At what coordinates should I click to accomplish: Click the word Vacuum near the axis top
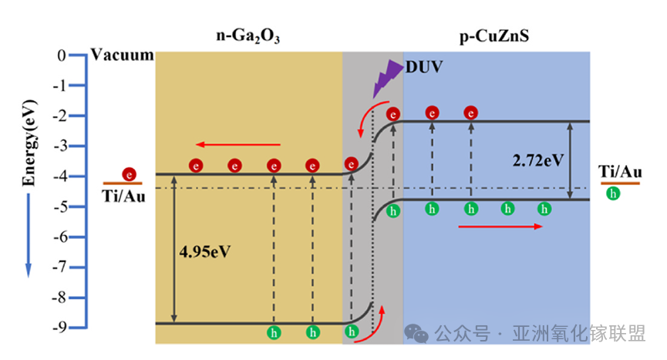122,56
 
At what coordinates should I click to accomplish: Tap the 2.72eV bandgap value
538,161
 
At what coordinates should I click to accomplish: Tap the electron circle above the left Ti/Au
129,174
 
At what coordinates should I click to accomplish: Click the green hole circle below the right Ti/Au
614,193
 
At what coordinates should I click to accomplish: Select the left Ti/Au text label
123,196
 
